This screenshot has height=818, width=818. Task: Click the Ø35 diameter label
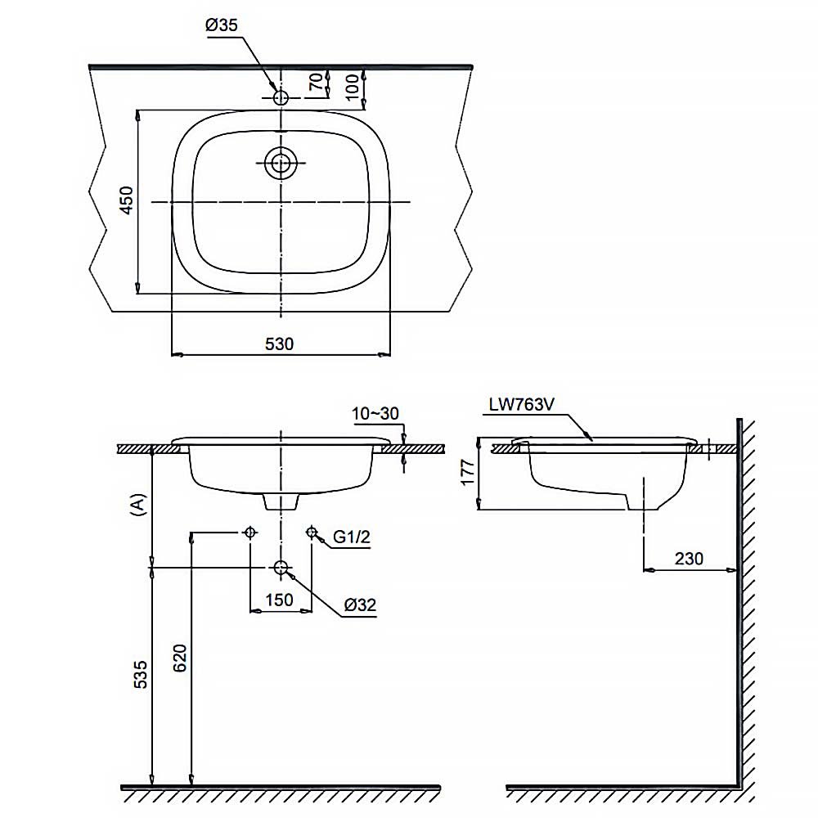[221, 25]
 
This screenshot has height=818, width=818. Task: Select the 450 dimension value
[127, 200]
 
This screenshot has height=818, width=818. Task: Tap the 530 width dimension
[280, 344]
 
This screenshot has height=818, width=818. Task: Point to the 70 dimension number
[316, 82]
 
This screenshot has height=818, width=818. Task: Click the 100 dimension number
[353, 87]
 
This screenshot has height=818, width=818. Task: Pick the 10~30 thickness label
[375, 413]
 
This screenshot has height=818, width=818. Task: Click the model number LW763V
[521, 404]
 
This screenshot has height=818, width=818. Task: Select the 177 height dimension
[468, 472]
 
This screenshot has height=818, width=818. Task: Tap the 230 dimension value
[689, 559]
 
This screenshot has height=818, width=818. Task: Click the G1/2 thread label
[352, 537]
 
